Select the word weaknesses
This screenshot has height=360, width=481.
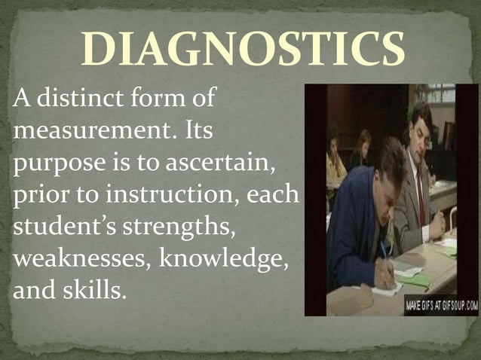[x=73, y=258]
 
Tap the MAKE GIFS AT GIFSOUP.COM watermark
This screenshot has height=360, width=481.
[x=441, y=307]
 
